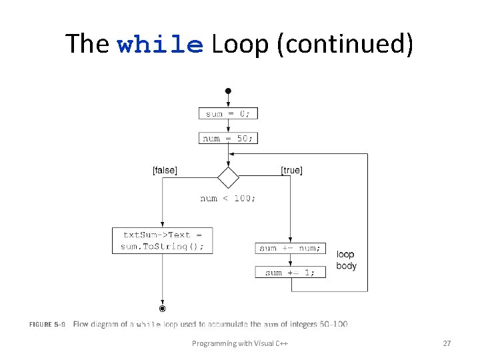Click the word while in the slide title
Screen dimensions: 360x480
[160, 45]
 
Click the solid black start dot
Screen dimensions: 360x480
[228, 90]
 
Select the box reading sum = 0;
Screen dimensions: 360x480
[228, 114]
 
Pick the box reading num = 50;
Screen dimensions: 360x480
[228, 138]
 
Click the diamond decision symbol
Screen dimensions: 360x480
[228, 178]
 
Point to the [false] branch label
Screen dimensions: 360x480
[165, 171]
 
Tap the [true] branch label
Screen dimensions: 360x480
[291, 171]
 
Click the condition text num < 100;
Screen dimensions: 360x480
[228, 198]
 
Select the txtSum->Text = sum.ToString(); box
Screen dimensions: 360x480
[162, 241]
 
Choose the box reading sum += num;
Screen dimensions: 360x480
[290, 248]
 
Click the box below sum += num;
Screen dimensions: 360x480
[290, 272]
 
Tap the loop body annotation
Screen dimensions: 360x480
[346, 260]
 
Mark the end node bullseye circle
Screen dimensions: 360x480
[162, 308]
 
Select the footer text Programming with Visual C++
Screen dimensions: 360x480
[240, 343]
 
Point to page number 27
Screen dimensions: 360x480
[447, 343]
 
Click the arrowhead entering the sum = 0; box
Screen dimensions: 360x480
[228, 105]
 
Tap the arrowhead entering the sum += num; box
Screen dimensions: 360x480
[290, 240]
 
